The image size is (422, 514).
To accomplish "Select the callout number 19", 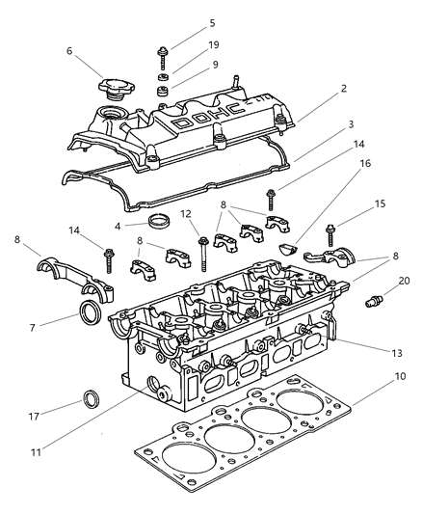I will click(214, 44).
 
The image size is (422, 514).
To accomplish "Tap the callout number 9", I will click(214, 66).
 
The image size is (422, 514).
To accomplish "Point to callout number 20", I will click(405, 281).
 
